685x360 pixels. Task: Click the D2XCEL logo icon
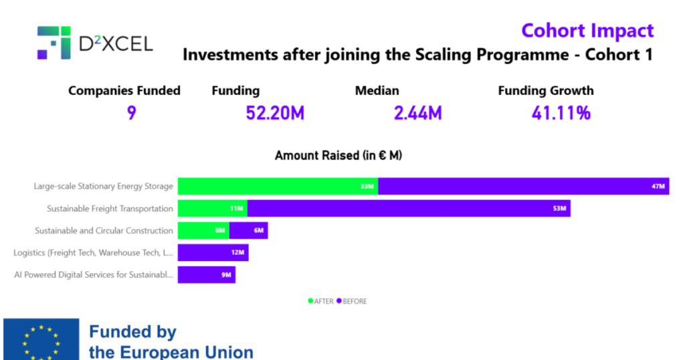pos(54,43)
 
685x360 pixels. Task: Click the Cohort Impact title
pos(587,30)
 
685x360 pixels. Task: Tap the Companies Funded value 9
pos(131,113)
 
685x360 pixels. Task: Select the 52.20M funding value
pos(275,113)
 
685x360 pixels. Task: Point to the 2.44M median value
pos(417,113)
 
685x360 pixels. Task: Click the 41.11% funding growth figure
pos(561,113)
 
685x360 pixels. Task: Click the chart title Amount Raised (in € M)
pos(338,155)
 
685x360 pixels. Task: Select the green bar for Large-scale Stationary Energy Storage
pos(278,186)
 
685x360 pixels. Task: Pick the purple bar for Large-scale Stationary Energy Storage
pos(523,186)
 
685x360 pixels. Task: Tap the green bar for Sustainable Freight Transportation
pos(212,209)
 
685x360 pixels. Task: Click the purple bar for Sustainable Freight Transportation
pos(408,209)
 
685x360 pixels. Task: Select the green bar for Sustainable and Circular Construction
pos(203,231)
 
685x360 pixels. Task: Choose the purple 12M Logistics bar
pos(213,253)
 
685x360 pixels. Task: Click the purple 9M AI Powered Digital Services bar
pos(206,275)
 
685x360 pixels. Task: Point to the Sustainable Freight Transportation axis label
pos(110,209)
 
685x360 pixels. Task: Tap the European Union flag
pos(41,341)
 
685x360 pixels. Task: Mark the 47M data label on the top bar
pos(658,186)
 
